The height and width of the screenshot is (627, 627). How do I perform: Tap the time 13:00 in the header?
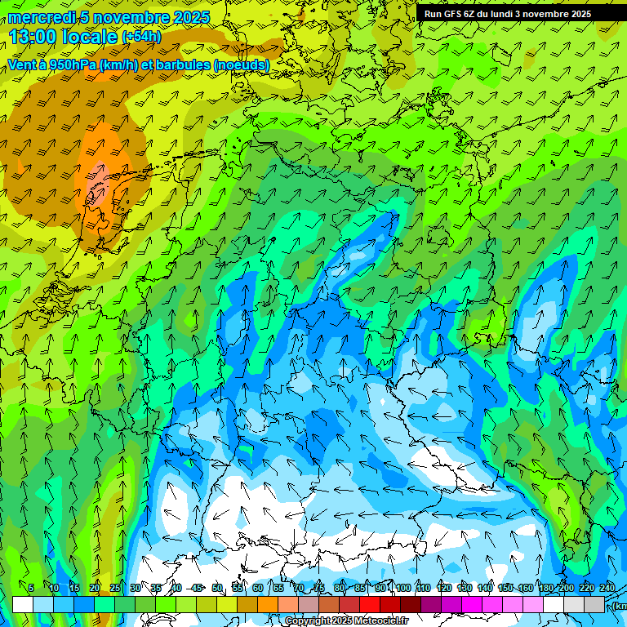pos(36,36)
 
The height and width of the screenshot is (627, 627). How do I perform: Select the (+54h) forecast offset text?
pos(141,37)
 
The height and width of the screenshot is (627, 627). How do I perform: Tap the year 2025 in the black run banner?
pos(580,14)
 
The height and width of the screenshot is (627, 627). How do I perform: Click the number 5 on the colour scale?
pos(31,589)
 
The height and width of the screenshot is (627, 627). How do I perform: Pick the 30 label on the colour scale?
pos(135,589)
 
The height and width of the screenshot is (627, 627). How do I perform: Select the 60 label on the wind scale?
pos(257,589)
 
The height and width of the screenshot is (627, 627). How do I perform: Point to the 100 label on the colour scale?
pos(403,589)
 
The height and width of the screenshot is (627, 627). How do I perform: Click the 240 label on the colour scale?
pos(607,589)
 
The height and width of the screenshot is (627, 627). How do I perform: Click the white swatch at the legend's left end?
pos(23,604)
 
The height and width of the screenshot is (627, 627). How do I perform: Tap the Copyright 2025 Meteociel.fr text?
pos(346,621)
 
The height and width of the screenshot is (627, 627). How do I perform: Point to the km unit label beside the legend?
pos(620,606)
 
